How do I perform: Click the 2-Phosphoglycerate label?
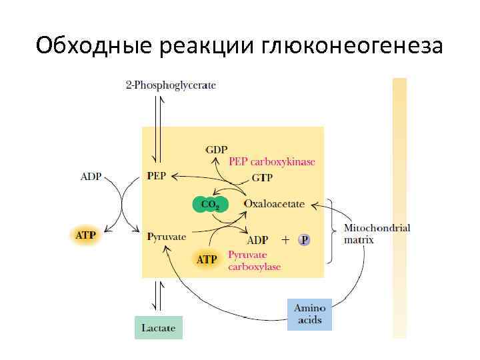[x=171, y=85]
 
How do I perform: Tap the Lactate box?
[x=159, y=328]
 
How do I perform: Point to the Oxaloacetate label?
[x=274, y=203]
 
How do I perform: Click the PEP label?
[x=157, y=176]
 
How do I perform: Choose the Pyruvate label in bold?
[x=167, y=236]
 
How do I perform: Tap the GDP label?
[x=216, y=149]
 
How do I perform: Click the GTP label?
[x=262, y=179]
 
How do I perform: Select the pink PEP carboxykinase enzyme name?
[x=272, y=162]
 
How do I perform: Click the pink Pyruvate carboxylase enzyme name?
[x=254, y=260]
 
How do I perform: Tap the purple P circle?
[x=304, y=240]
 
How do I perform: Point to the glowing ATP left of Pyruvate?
[x=85, y=235]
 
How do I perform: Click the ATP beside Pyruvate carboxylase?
[x=207, y=259]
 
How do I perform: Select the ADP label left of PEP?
[x=91, y=177]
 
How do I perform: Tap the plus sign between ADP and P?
[x=285, y=240]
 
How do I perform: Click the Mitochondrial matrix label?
[x=377, y=233]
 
